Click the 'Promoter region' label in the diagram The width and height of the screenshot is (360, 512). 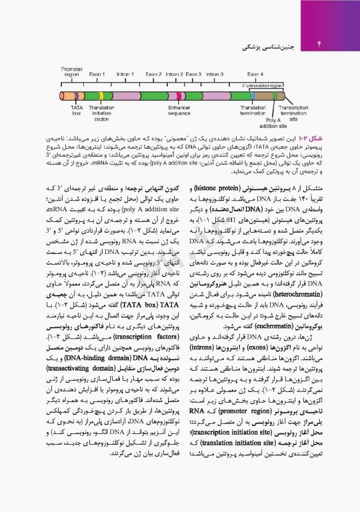(71, 71)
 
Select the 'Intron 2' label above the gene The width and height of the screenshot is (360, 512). (174, 73)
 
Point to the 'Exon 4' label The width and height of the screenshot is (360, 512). (255, 73)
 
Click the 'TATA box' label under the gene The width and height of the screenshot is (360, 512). (76, 111)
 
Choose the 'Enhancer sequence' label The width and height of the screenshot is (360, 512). (179, 111)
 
